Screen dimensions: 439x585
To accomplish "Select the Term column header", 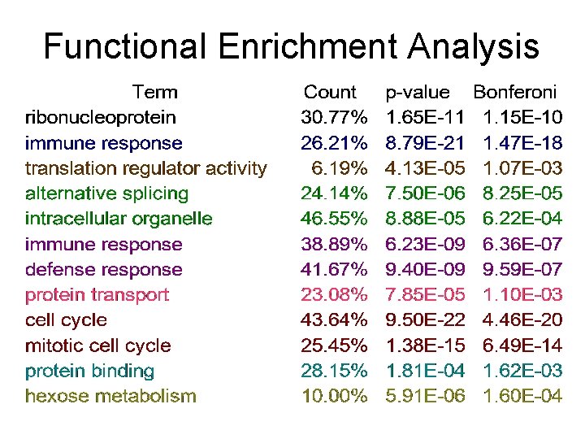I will [x=154, y=92].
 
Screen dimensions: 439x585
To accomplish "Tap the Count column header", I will [x=330, y=93].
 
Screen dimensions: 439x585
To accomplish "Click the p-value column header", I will [x=418, y=93].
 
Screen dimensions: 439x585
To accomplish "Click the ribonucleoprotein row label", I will [x=100, y=117].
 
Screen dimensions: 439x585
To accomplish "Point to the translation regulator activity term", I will [x=145, y=168].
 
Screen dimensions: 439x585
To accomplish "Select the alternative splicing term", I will [x=106, y=193].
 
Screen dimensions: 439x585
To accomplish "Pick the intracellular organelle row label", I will [x=119, y=219].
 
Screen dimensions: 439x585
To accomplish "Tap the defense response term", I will [x=103, y=269].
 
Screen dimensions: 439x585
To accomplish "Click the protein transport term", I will [x=97, y=294].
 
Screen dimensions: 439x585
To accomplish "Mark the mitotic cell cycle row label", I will [x=97, y=346].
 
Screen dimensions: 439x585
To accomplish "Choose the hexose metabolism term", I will [x=110, y=397].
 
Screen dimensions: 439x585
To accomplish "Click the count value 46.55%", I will [x=334, y=219].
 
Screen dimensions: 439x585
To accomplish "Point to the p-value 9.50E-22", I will [x=425, y=319].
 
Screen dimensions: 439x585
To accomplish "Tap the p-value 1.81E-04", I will [x=425, y=371].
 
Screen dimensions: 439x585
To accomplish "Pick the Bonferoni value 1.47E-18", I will [x=522, y=143].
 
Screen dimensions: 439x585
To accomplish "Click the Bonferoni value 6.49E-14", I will [x=522, y=346].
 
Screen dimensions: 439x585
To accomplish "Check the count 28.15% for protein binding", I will [x=334, y=371].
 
